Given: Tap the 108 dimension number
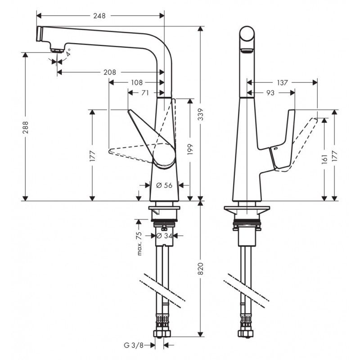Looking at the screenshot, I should click(137, 82).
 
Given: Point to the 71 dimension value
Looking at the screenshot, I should click(145, 93).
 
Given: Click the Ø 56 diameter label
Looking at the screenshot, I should click(164, 184).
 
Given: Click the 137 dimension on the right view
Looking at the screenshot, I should click(283, 82).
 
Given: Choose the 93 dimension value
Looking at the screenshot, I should click(270, 93).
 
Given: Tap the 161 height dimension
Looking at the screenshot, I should click(324, 159).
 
